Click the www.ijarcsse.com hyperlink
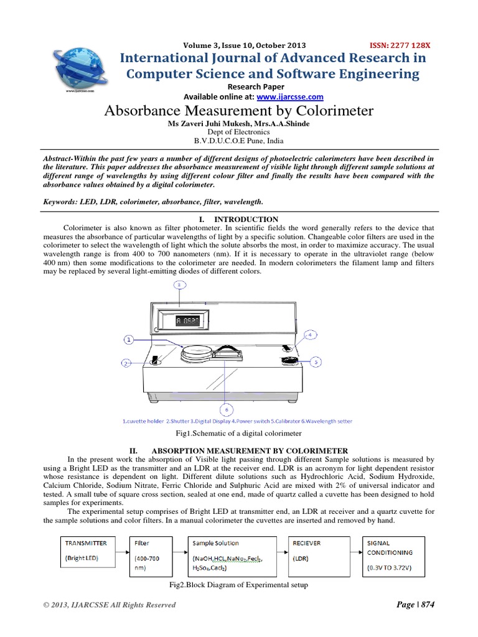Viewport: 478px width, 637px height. [x=290, y=96]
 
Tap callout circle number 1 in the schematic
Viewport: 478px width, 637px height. [x=129, y=340]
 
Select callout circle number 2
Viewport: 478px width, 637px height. [x=126, y=363]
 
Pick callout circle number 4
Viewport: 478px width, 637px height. [x=309, y=334]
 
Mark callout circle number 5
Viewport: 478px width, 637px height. [x=316, y=361]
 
